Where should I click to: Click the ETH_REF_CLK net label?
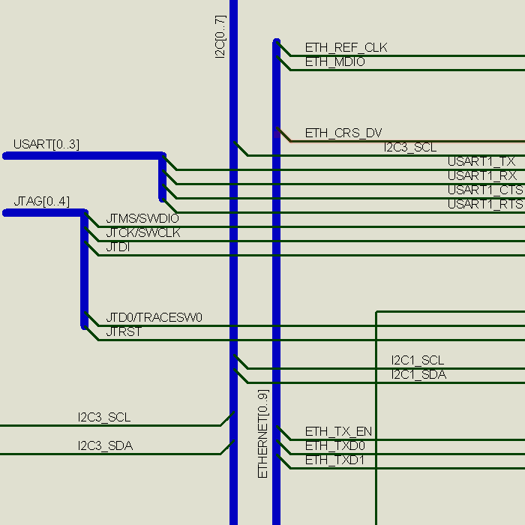pos(346,48)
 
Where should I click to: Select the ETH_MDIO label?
pos(334,62)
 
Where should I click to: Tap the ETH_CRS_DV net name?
pos(343,133)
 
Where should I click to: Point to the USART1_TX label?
pos(481,161)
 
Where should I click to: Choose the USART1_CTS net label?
pos(485,190)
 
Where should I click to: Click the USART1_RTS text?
pos(485,204)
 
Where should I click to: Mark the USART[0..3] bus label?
pos(46,145)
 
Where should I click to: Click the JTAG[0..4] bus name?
pos(41,202)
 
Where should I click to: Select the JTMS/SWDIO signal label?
pos(142,218)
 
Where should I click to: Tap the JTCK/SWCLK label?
pos(142,232)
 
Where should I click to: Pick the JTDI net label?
pos(118,247)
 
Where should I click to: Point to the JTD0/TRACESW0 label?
pos(154,318)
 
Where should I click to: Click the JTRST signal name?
pos(124,331)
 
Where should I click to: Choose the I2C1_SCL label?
pos(418,361)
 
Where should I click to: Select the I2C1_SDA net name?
pos(418,375)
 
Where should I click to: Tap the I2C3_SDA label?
pos(105,446)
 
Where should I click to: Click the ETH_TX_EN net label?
pos(338,432)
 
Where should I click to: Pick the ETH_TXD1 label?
pos(334,460)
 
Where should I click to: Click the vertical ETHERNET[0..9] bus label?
pos(262,433)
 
